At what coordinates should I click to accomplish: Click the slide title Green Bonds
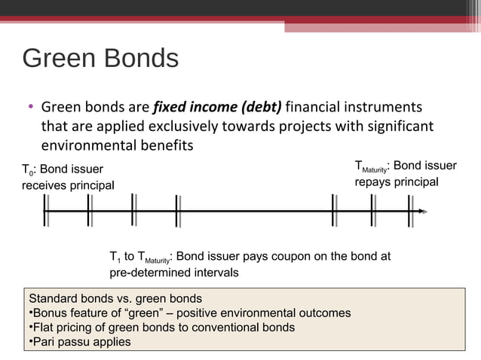click(x=100, y=58)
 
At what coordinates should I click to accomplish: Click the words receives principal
click(x=67, y=186)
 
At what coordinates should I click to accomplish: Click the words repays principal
click(x=396, y=183)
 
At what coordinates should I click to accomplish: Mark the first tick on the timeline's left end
click(x=46, y=211)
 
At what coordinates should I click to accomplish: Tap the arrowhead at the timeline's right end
click(x=422, y=212)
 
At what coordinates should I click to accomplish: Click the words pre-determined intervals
click(x=174, y=273)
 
